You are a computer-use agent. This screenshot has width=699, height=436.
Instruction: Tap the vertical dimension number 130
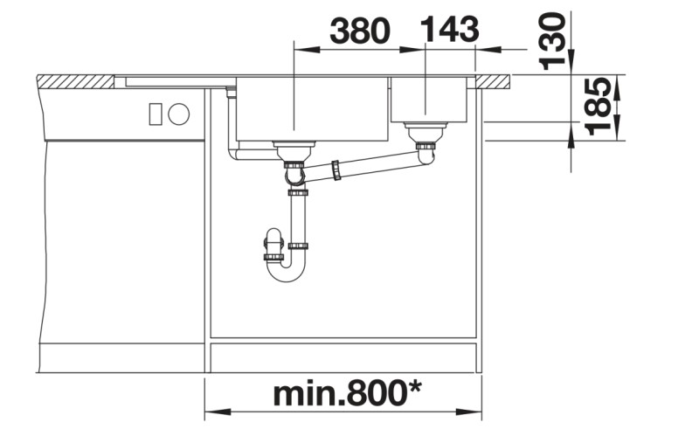tap(552, 39)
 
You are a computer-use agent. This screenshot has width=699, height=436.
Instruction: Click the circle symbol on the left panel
tap(179, 114)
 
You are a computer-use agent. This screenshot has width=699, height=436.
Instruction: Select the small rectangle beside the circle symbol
tap(157, 114)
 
